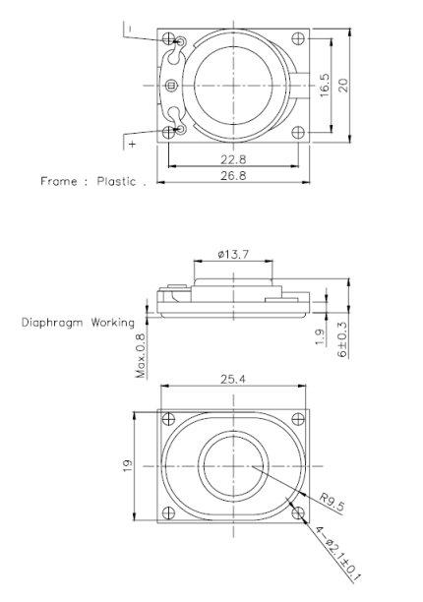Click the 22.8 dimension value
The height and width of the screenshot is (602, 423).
pos(232,157)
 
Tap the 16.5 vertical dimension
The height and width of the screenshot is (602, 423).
pos(322,86)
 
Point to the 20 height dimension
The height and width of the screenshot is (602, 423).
pos(343,86)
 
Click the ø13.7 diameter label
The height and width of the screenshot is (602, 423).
pos(233,256)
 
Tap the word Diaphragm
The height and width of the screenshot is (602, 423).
pos(52,322)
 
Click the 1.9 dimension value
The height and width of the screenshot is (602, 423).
pos(322,338)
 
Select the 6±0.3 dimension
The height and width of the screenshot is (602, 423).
pos(342,338)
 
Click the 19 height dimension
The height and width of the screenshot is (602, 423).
pos(128,465)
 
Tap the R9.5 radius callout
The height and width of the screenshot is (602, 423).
pos(334,505)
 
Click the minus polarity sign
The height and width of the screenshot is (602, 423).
pos(129,30)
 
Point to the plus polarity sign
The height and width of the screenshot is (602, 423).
pos(132,144)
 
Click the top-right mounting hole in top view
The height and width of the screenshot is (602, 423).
pos(296,40)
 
